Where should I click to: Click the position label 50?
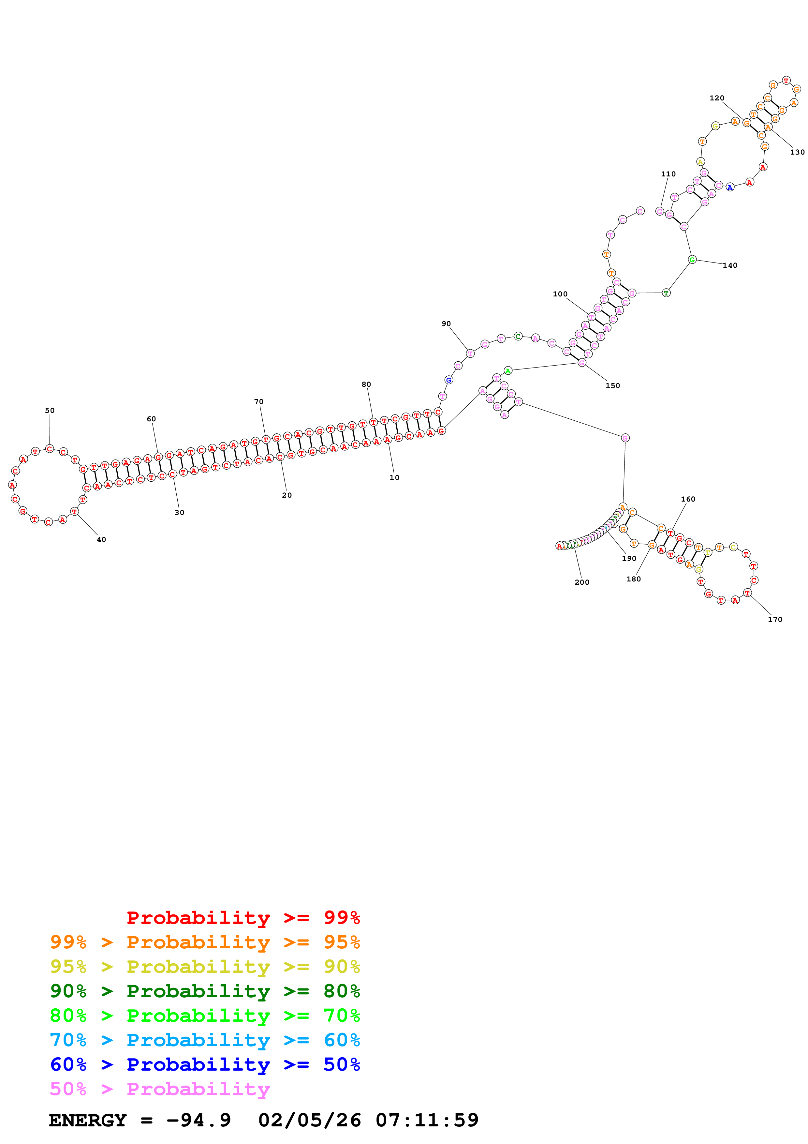pos(50,411)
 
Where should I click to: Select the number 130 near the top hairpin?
pos(797,152)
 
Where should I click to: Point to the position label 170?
pos(775,619)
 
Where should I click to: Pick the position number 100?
pos(560,294)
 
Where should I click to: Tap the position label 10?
pos(394,477)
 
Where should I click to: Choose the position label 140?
pos(730,265)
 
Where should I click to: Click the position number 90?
pos(446,324)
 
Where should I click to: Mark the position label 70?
pos(259,401)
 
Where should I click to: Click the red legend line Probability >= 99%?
pos(243,918)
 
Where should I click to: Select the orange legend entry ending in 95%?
pos(205,942)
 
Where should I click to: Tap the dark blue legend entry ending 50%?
pos(205,1064)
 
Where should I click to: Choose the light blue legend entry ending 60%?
pos(205,1040)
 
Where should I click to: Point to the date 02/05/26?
pos(309,1120)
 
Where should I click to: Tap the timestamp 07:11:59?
pos(427,1120)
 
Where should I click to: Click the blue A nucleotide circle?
pos(730,187)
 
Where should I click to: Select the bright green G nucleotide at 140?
pos(692,260)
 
